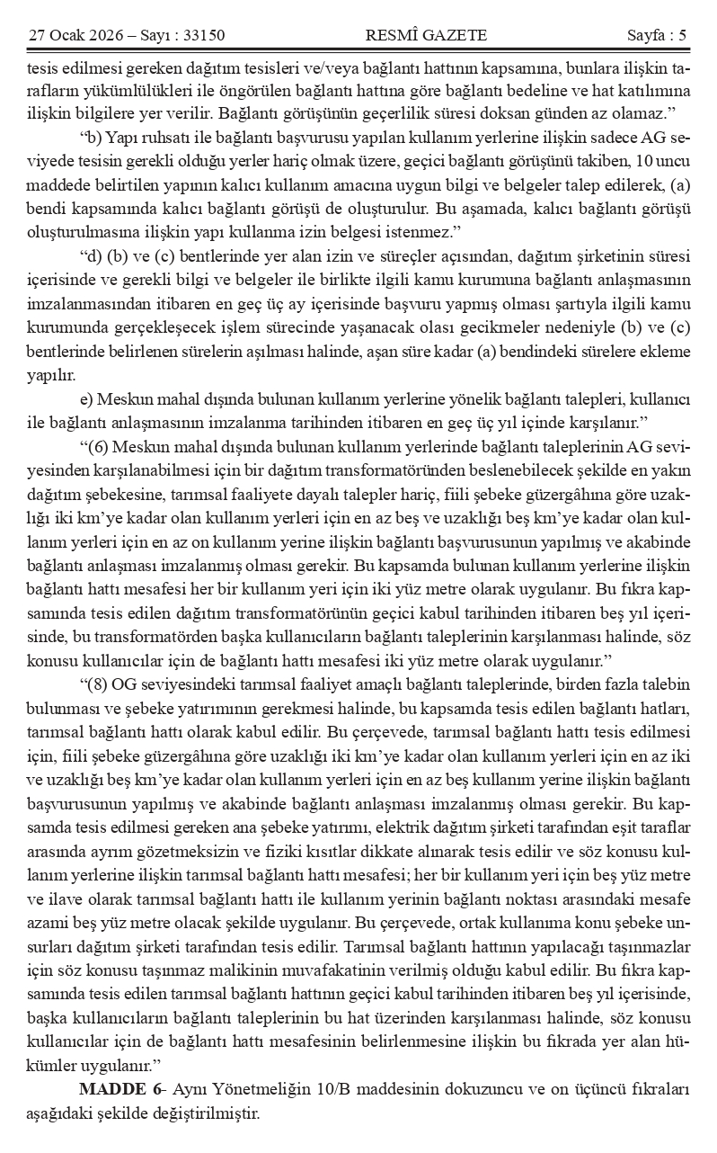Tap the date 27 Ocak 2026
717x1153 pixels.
click(72, 35)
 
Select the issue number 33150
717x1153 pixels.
click(203, 35)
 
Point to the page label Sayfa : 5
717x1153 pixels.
click(657, 35)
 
